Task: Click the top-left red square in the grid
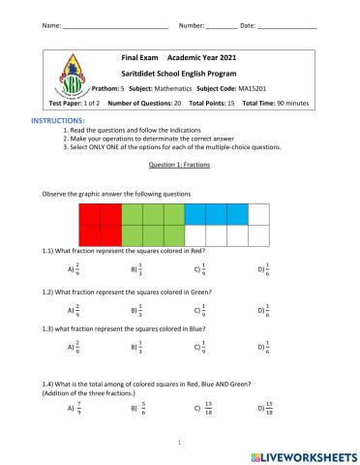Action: coord(90,214)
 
